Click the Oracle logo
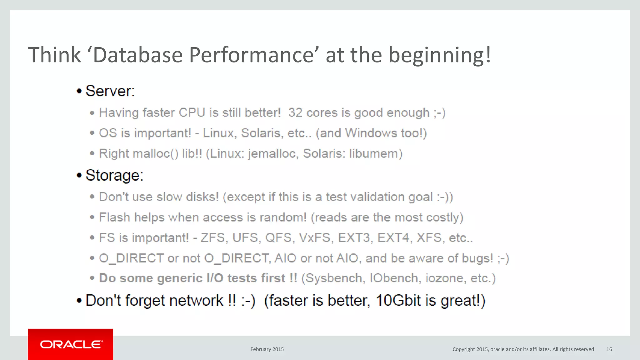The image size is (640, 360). click(71, 344)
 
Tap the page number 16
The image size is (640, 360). click(609, 349)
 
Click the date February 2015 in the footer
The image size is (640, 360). click(267, 349)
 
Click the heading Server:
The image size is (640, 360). click(110, 91)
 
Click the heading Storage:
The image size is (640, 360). click(114, 175)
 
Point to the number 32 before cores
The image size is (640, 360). click(295, 113)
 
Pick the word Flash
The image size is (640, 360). click(114, 217)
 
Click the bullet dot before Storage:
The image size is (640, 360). click(79, 176)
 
